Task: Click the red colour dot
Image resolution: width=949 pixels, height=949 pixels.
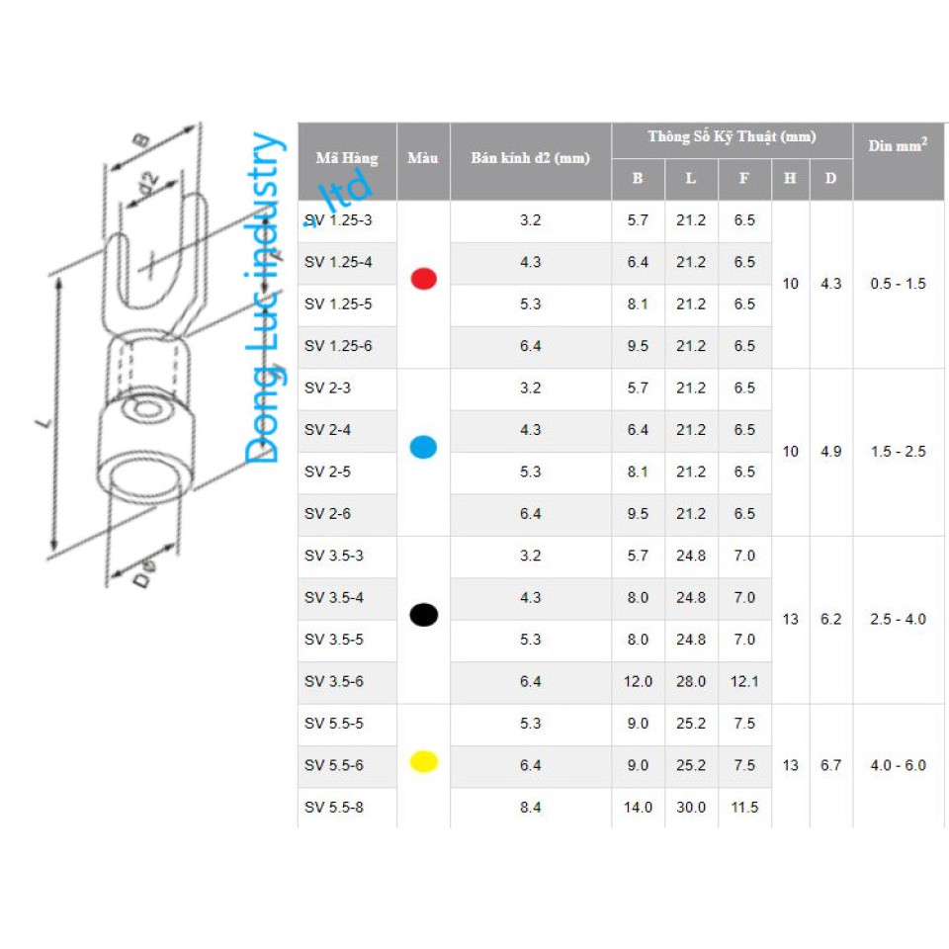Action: click(x=424, y=279)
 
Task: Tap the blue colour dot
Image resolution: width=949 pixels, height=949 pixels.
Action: click(x=424, y=447)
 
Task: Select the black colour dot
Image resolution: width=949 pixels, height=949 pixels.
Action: click(x=424, y=614)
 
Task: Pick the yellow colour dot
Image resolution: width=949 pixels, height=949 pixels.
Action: click(x=424, y=761)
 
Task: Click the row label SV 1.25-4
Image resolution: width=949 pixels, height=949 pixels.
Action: click(x=338, y=262)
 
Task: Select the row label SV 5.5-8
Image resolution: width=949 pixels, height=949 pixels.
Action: click(x=334, y=807)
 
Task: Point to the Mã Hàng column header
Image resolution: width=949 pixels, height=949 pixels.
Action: click(x=347, y=158)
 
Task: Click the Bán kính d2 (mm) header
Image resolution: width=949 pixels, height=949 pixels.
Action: click(x=530, y=158)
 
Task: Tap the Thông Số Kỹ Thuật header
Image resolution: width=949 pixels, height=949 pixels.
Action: click(x=732, y=136)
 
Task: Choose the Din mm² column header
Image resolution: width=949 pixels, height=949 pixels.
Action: click(x=899, y=145)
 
